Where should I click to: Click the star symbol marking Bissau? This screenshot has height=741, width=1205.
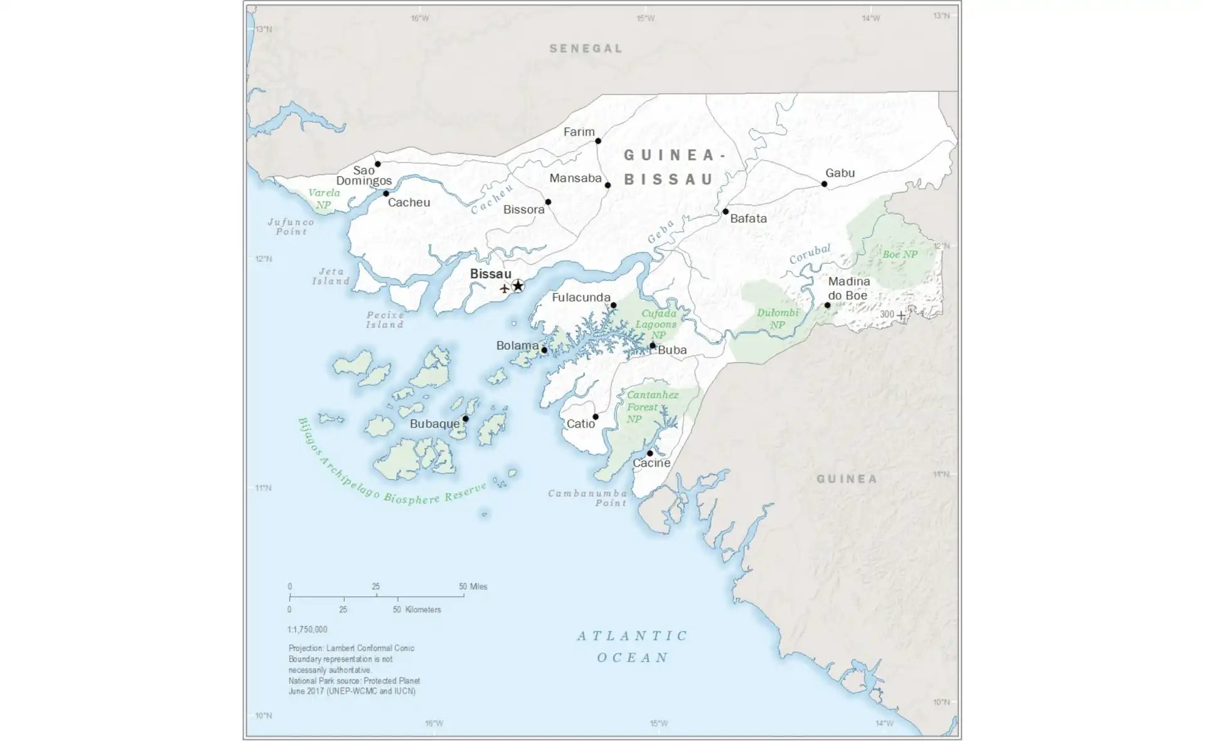point(518,286)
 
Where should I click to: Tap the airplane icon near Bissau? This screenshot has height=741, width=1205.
point(504,289)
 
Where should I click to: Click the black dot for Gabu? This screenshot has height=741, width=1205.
point(824,184)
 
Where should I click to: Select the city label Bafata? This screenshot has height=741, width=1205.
point(748,219)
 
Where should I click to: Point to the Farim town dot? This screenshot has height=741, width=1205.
point(598,141)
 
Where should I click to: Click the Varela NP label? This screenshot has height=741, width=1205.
point(324,198)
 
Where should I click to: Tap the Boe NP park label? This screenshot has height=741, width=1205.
point(899,254)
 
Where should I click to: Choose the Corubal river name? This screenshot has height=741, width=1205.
point(810,254)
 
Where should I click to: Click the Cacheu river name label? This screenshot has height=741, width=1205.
point(493,199)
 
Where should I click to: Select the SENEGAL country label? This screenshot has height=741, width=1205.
point(586,48)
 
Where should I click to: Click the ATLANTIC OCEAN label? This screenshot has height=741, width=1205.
point(633,647)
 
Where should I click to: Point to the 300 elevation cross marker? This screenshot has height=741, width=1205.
point(901,315)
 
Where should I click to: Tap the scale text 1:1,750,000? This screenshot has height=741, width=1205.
point(307,629)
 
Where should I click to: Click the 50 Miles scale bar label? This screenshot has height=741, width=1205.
point(473,587)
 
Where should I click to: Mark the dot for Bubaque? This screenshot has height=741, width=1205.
point(466,419)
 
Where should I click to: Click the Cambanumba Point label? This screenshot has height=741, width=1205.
point(587,498)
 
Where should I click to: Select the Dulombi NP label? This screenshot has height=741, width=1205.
point(778,318)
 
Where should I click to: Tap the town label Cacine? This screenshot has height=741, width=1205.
point(651,463)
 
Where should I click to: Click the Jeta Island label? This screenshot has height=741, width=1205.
point(331,276)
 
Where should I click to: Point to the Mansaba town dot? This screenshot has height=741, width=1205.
point(608,185)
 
